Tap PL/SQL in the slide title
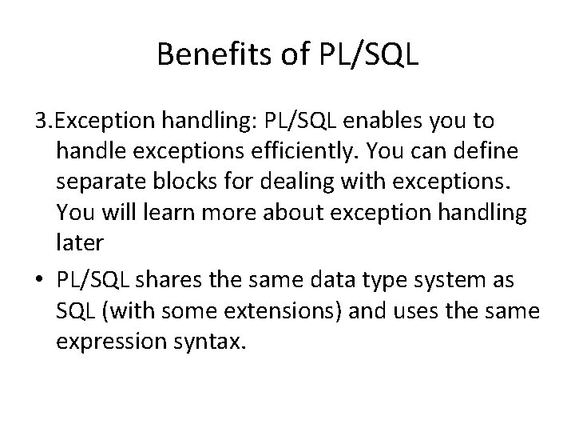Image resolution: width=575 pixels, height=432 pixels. click(x=371, y=54)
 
